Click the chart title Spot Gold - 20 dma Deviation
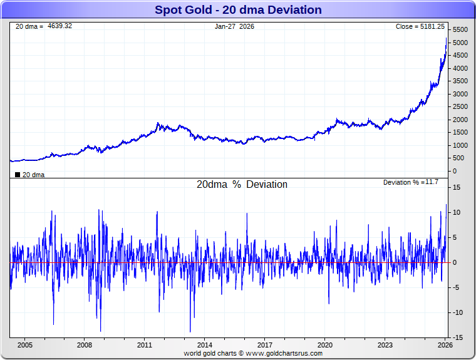pos(237,10)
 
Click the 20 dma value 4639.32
pos(60,26)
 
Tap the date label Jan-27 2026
pos(234,26)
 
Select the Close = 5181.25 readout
pos(420,26)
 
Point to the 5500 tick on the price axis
pos(460,30)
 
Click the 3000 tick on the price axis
pos(460,94)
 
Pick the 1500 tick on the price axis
pos(460,133)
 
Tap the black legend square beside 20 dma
pos(18,175)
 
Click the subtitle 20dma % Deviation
pos(242,185)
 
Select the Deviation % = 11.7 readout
pos(411,182)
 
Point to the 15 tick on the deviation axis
pos(457,188)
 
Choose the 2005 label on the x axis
pos(24,345)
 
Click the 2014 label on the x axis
pos(204,345)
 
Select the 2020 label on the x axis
pos(324,345)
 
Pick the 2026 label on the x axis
pos(445,345)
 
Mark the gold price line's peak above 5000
pos(446,38)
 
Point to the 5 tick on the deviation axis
pos(458,238)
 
